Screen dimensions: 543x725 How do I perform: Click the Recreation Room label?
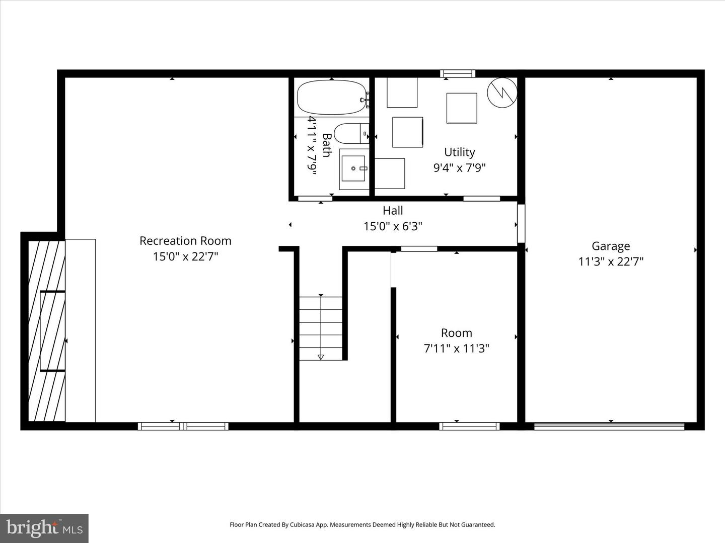click(185, 241)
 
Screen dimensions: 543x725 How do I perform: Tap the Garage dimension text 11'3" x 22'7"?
click(611, 261)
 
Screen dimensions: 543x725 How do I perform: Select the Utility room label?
click(459, 152)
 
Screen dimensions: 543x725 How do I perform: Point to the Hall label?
click(393, 211)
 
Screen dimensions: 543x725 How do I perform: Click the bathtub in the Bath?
click(331, 98)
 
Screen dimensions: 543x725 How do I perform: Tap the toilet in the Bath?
click(351, 133)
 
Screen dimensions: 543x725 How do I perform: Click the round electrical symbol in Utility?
click(502, 93)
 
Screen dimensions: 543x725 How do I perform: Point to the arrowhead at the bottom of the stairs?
click(321, 357)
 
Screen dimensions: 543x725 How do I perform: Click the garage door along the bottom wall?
click(609, 426)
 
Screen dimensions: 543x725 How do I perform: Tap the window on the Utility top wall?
click(458, 74)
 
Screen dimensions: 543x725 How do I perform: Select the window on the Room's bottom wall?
click(469, 426)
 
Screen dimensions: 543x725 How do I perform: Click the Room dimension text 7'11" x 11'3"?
click(457, 348)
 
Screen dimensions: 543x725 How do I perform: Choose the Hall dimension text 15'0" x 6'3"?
click(393, 226)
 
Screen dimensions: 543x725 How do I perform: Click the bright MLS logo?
click(44, 528)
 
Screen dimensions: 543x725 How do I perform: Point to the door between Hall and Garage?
click(521, 223)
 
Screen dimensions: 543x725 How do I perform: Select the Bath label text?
click(326, 145)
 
